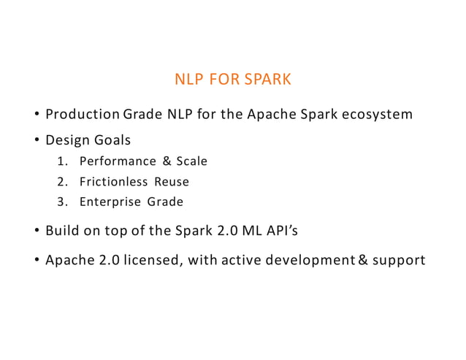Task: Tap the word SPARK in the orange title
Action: click(x=266, y=79)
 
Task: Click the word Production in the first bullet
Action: click(x=82, y=115)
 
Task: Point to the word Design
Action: click(x=67, y=139)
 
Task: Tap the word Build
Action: click(x=62, y=231)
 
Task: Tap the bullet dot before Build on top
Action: click(x=36, y=232)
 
